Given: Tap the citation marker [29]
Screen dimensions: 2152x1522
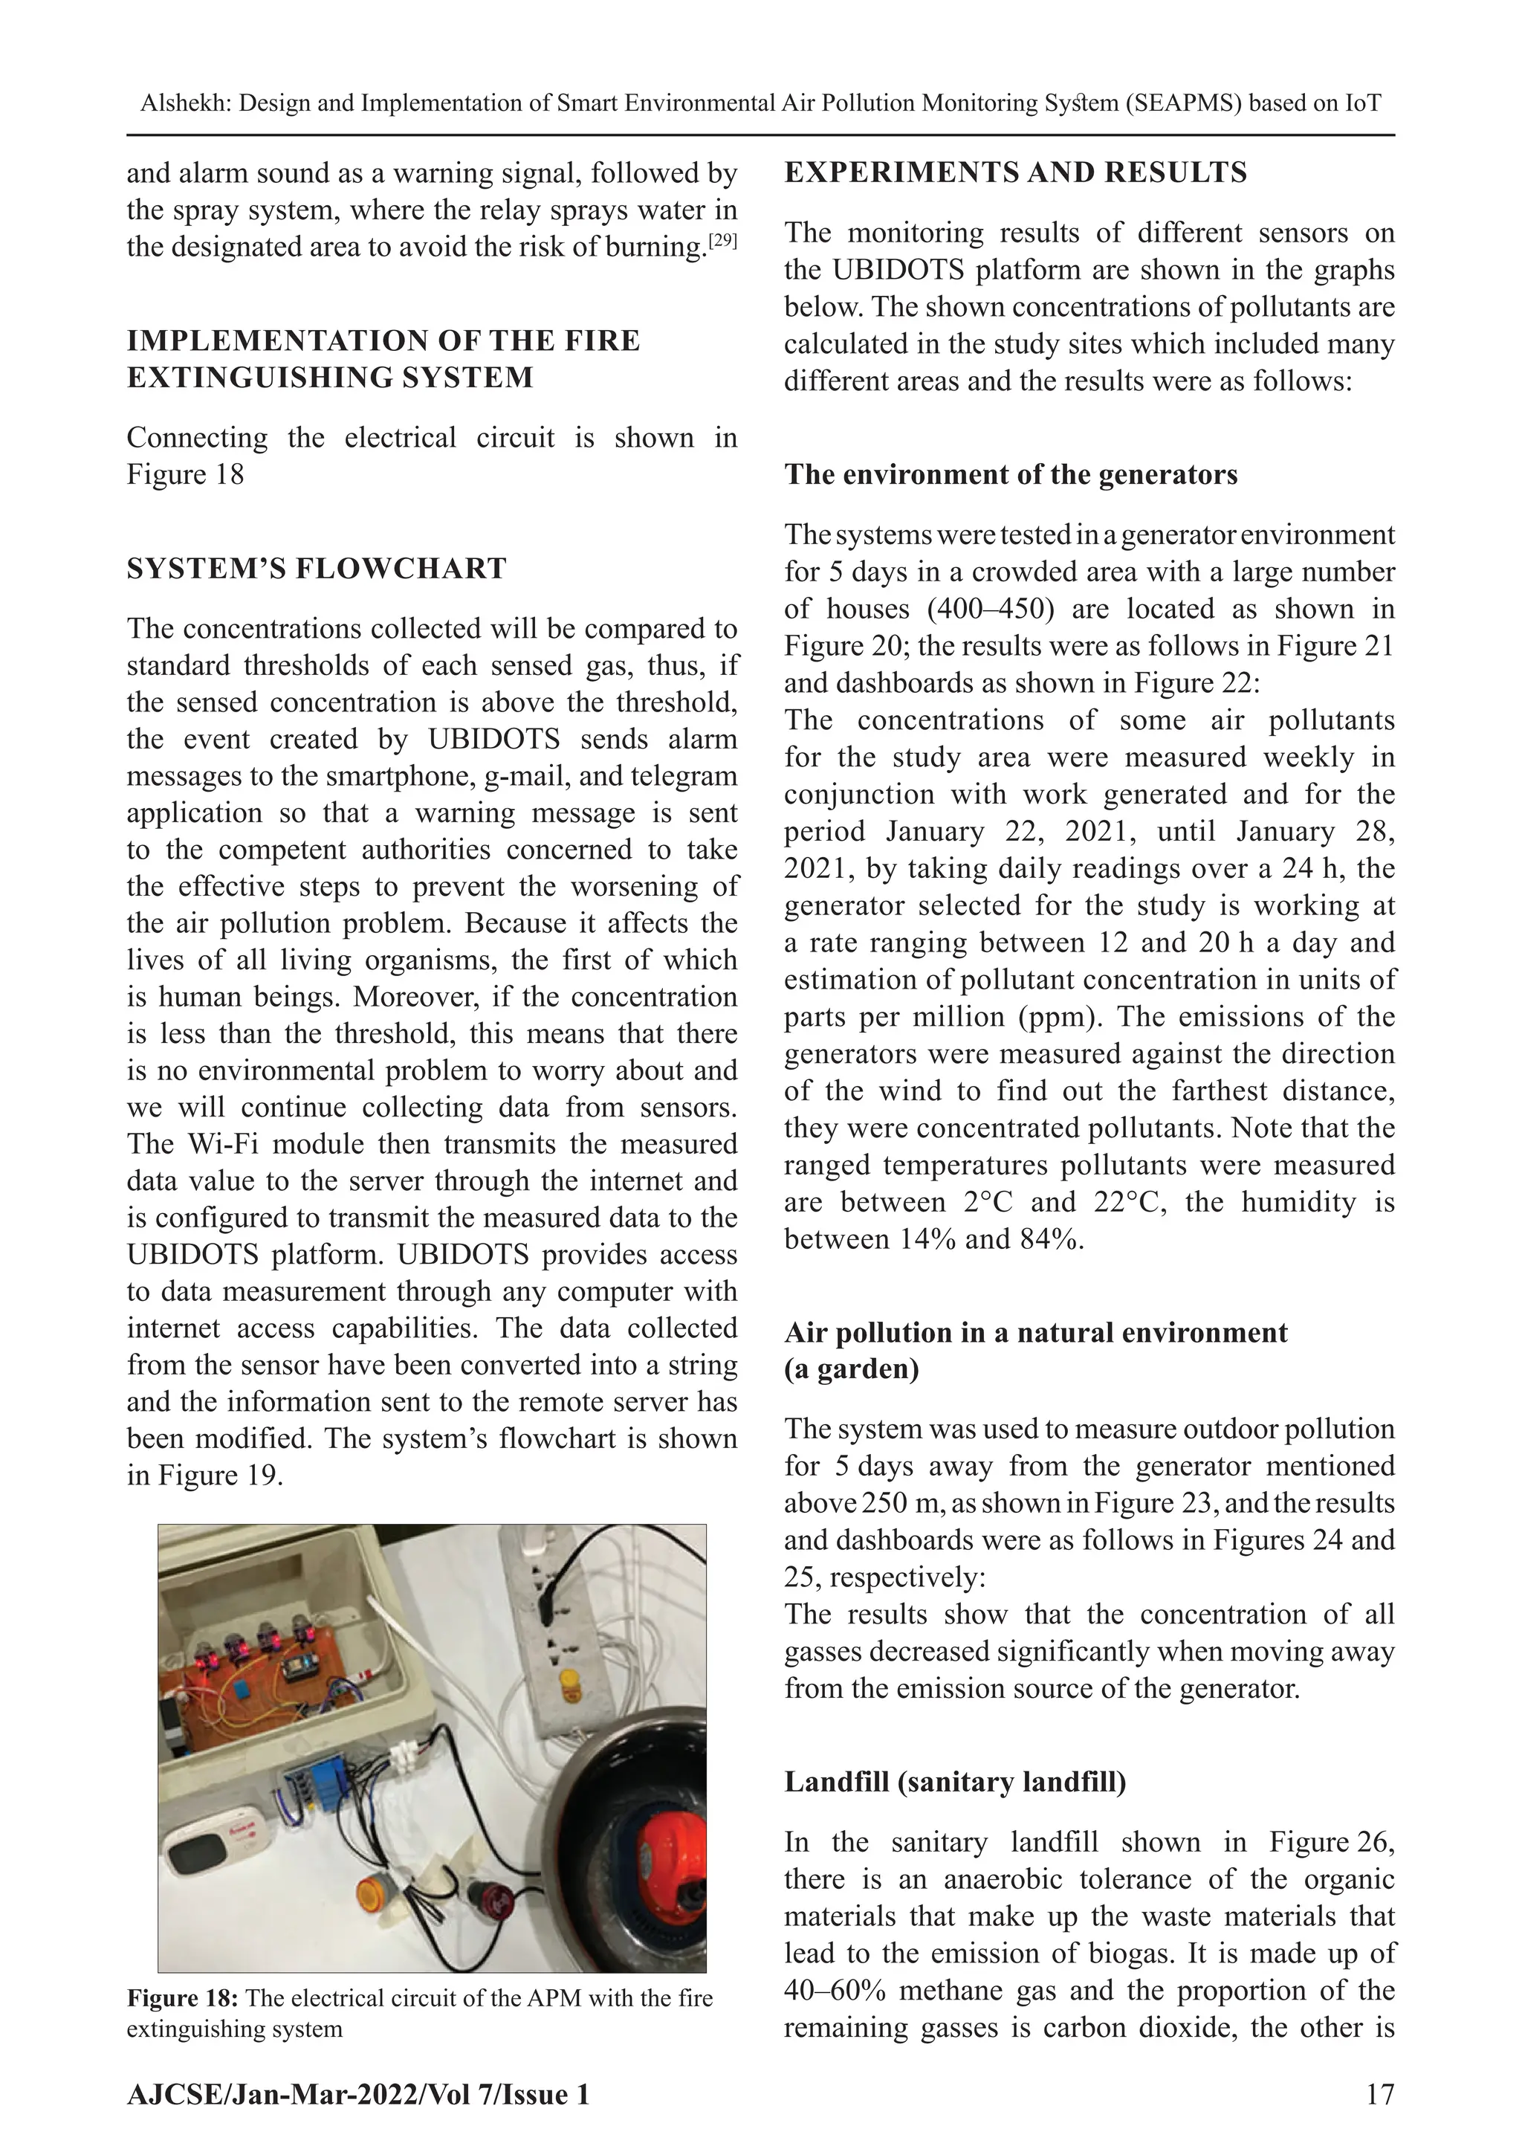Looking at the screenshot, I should coord(722,241).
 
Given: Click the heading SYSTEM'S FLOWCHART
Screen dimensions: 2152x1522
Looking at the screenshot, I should coord(317,569).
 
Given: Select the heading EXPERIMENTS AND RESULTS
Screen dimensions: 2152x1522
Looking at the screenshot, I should coord(1015,172).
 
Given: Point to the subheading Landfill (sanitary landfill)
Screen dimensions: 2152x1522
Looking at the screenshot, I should coord(955,1782).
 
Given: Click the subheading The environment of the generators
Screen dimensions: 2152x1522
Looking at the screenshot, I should coord(1010,474).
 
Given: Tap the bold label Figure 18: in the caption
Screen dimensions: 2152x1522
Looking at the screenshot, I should coord(183,1998).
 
